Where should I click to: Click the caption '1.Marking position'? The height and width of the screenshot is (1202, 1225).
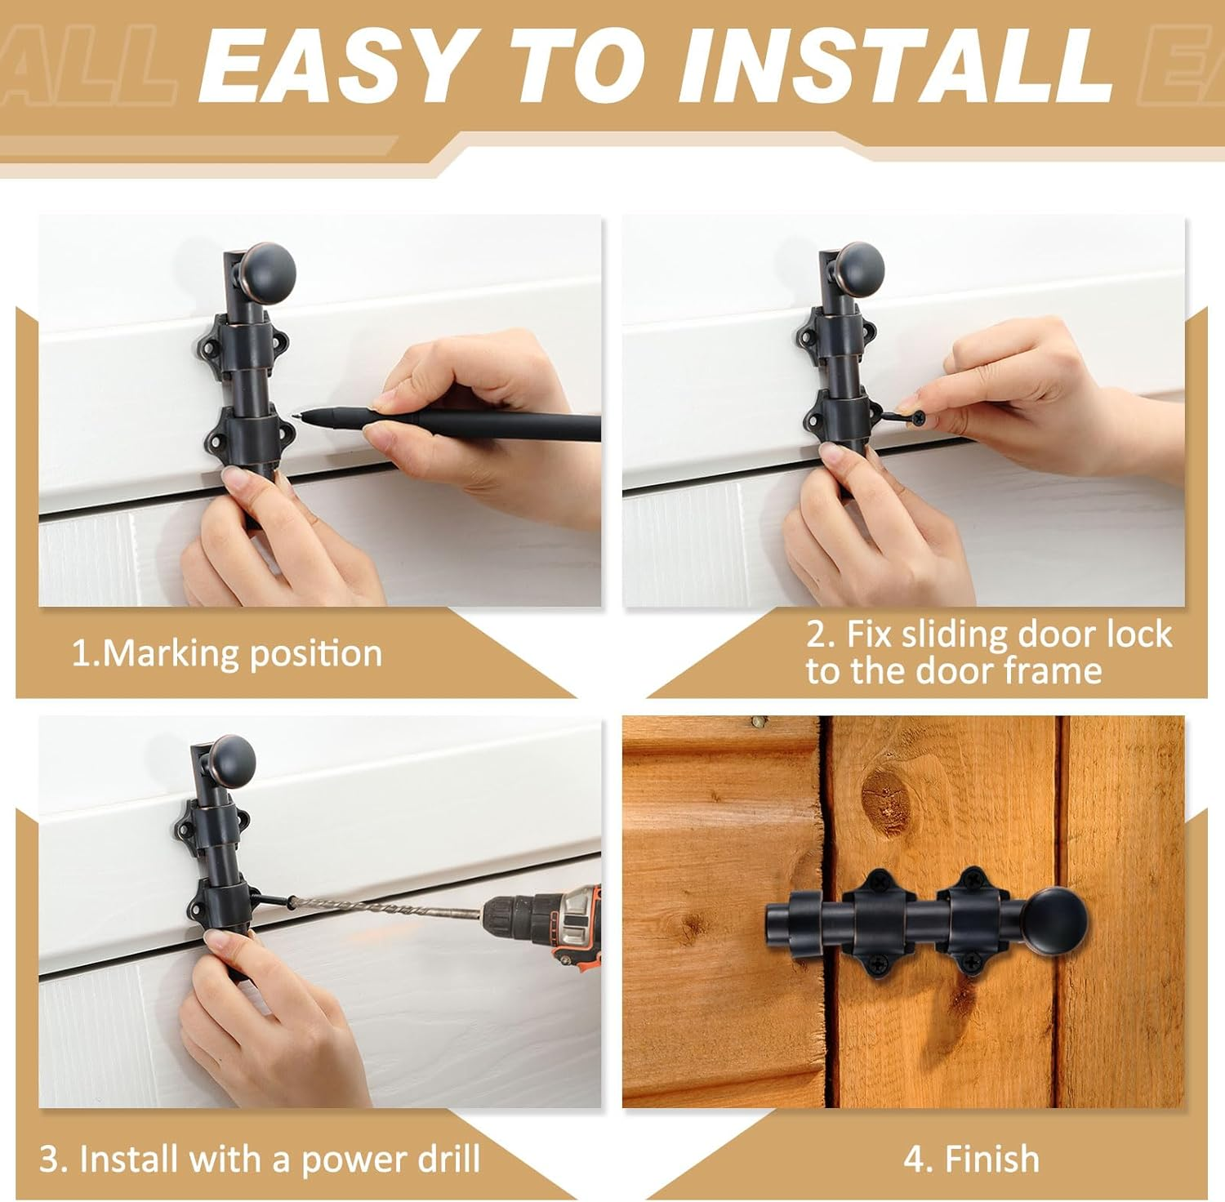(226, 654)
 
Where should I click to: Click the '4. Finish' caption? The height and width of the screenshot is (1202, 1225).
(971, 1159)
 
